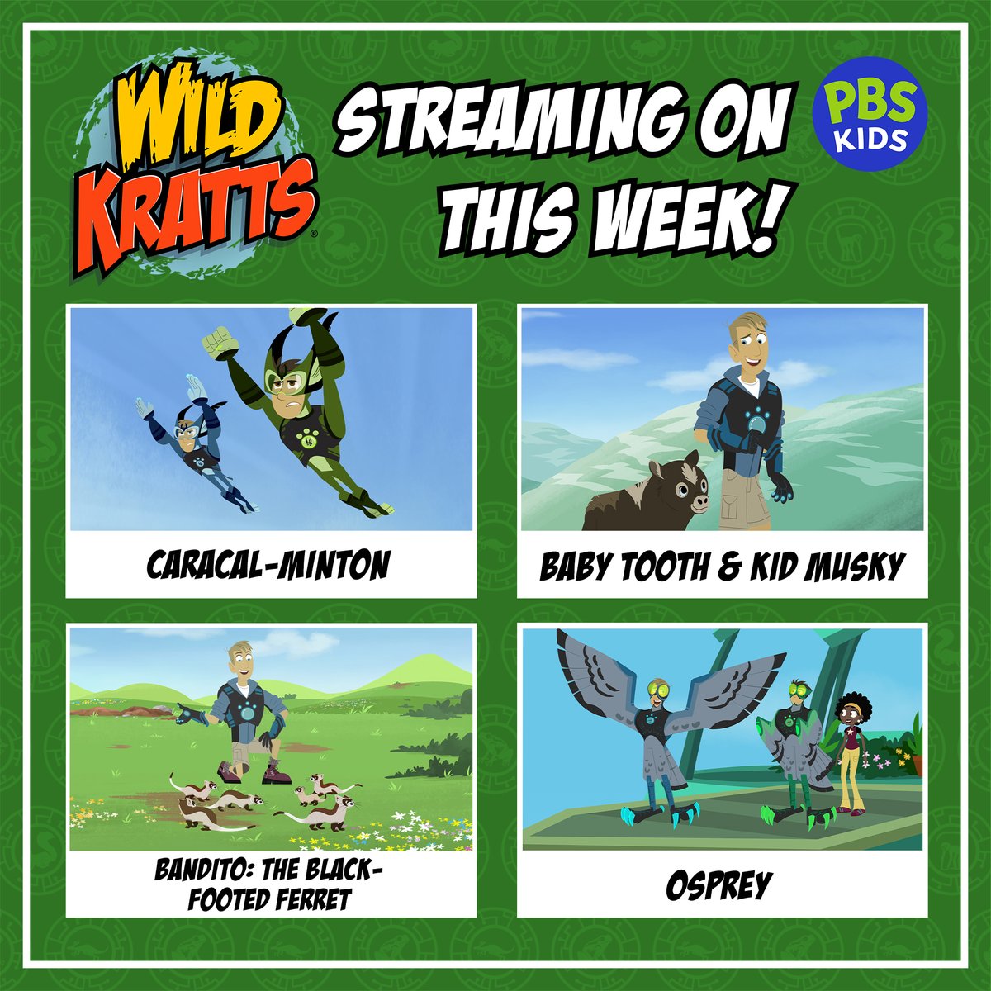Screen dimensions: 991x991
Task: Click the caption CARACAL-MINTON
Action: tap(268, 566)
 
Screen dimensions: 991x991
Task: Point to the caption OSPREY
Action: tap(718, 884)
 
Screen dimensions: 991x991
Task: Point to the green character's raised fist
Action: tap(216, 340)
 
